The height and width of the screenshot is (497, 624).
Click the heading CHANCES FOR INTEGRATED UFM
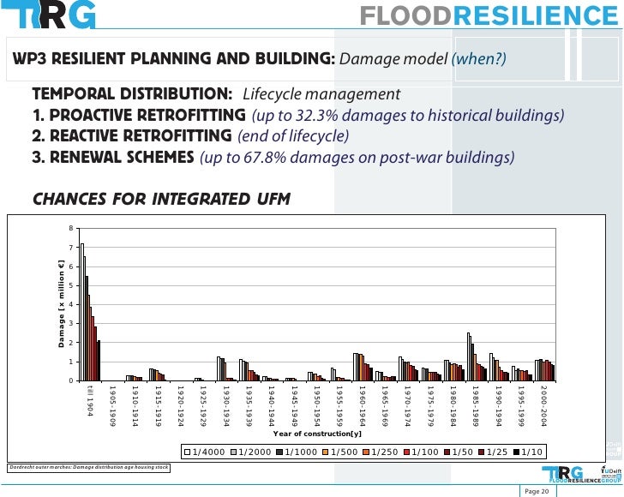pos(161,200)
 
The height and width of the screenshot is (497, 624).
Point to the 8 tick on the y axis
pos(73,228)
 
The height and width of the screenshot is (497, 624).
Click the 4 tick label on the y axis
pos(73,304)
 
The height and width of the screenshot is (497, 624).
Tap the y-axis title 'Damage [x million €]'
pos(62,303)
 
